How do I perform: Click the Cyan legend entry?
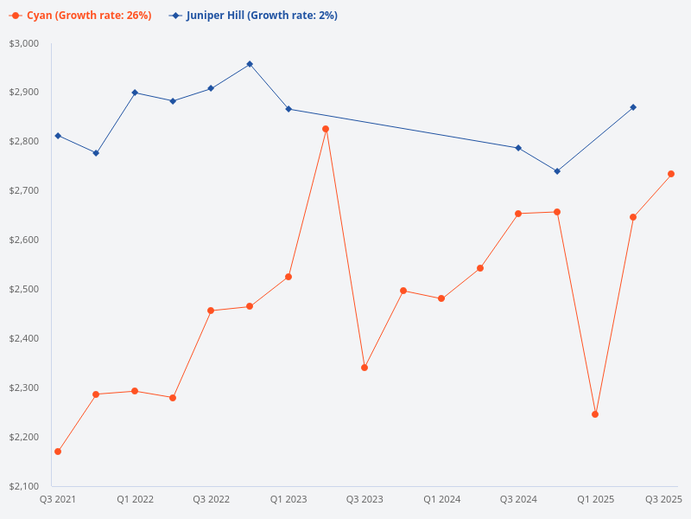point(80,16)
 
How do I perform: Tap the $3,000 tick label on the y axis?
point(24,43)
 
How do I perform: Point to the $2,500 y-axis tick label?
point(24,289)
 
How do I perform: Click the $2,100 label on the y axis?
point(24,486)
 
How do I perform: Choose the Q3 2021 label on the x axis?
point(58,499)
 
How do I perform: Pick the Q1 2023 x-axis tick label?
point(288,499)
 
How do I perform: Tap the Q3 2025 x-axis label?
point(663,499)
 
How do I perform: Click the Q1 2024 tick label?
point(441,499)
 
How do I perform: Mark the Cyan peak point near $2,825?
point(326,129)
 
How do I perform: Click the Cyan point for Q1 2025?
point(595,414)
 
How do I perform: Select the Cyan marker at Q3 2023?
point(365,368)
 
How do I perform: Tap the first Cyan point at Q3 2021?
point(58,452)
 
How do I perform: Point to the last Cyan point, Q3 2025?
point(671,174)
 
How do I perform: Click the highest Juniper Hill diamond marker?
point(250,64)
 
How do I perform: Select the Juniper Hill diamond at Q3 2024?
point(518,148)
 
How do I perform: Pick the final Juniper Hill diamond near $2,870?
point(633,107)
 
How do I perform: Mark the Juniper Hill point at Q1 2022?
point(135,93)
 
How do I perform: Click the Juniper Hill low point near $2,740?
point(557,171)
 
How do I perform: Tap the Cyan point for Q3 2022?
point(212,311)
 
